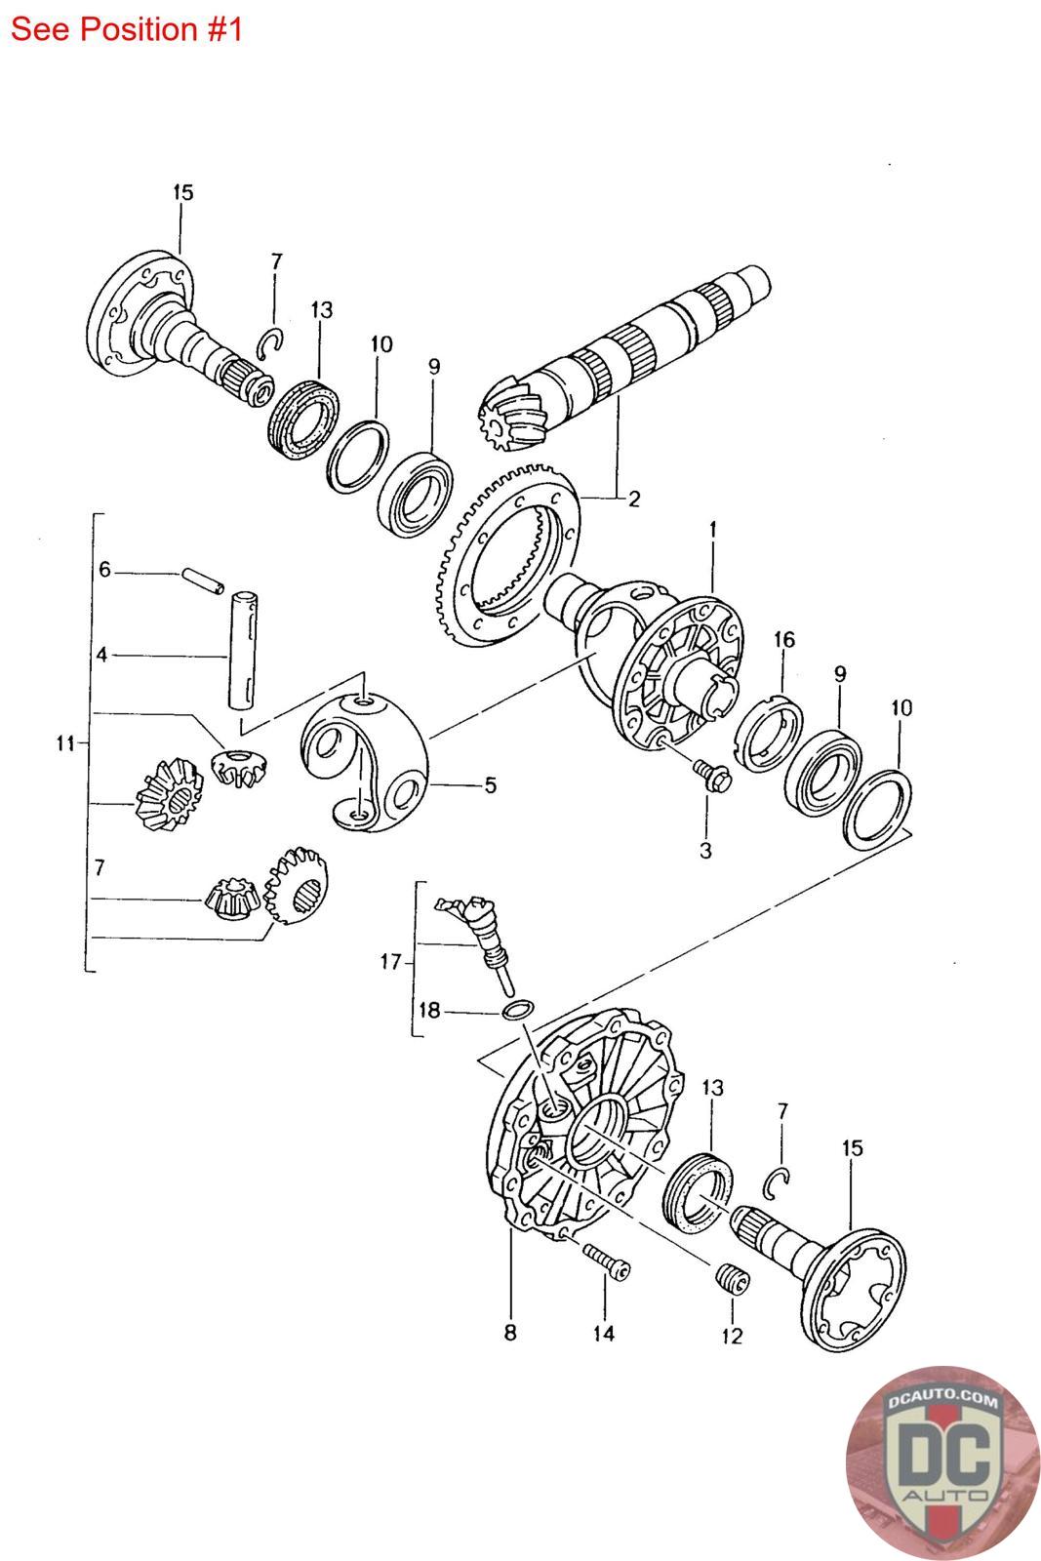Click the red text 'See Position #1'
(126, 29)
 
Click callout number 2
(634, 500)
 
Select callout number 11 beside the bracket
(64, 743)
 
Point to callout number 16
(784, 640)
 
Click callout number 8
(510, 1333)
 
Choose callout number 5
(490, 784)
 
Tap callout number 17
(390, 963)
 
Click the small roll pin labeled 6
(204, 581)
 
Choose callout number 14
(604, 1333)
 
